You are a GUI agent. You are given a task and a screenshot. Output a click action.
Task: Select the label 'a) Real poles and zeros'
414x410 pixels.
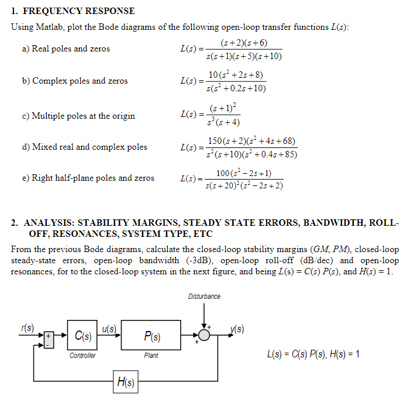click(66, 49)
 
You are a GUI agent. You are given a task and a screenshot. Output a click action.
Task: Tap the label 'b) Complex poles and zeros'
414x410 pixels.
click(75, 81)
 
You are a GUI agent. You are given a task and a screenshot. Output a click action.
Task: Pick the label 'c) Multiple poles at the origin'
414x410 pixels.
click(78, 116)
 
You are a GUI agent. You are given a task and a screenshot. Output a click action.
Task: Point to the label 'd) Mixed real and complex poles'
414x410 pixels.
click(85, 147)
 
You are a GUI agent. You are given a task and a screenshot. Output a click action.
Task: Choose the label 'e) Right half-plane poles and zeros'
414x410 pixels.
click(88, 178)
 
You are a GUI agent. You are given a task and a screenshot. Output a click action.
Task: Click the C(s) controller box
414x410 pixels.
click(82, 335)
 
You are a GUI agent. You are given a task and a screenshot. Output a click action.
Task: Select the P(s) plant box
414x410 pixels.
click(151, 335)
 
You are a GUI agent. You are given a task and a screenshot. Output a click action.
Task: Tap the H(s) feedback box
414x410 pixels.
click(126, 383)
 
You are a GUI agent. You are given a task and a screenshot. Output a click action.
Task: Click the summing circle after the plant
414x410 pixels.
click(203, 336)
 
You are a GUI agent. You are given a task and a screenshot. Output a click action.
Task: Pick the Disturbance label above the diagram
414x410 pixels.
click(204, 297)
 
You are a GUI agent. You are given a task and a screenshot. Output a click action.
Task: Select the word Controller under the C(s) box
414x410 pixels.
click(82, 356)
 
